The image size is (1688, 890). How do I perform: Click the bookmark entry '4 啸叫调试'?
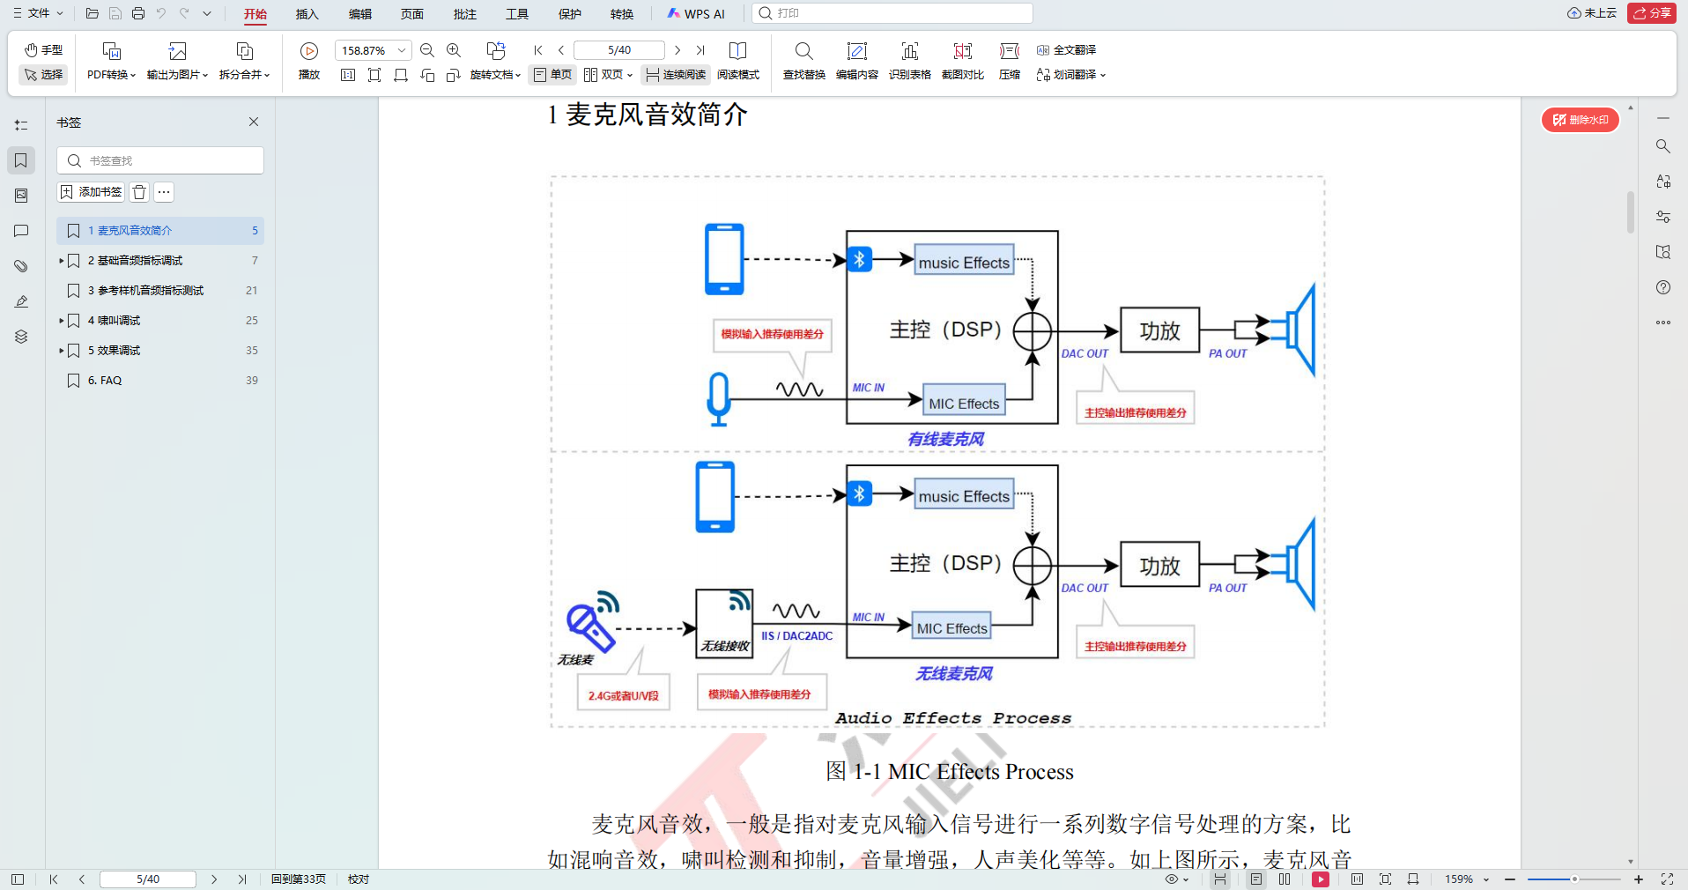(114, 321)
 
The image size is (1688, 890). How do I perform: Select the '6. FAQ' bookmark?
(105, 381)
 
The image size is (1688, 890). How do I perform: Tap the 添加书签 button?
(91, 192)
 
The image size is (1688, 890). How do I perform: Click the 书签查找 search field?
(160, 160)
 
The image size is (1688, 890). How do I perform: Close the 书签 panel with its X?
(254, 122)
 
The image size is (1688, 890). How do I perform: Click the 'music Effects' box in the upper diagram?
(964, 262)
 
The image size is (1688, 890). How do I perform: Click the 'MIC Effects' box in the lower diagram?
(951, 627)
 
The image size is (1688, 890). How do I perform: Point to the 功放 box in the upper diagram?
(1159, 330)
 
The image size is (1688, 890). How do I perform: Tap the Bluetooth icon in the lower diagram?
(859, 493)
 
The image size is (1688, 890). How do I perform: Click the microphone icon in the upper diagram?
(719, 399)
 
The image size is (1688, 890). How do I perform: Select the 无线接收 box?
(724, 624)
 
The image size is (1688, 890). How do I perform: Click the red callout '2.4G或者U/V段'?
(623, 694)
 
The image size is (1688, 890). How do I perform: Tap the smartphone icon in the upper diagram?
(724, 259)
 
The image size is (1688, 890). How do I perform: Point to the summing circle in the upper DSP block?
(1033, 332)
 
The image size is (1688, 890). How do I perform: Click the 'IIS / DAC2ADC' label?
(796, 635)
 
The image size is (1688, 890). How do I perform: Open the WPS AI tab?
(696, 13)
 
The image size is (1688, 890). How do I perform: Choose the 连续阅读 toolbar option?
(676, 75)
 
